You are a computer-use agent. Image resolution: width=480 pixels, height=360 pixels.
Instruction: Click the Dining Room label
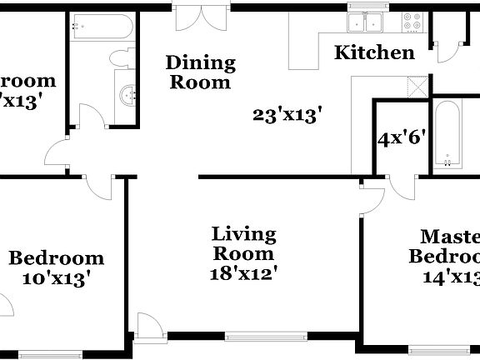pyautogui.click(x=200, y=72)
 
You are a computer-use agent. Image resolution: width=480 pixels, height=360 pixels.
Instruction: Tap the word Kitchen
pyautogui.click(x=374, y=53)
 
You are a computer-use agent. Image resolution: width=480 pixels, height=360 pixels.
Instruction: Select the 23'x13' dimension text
pyautogui.click(x=287, y=116)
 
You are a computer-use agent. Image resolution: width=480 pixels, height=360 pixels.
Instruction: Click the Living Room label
pyautogui.click(x=243, y=243)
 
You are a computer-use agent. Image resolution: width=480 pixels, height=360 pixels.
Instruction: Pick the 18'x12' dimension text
pyautogui.click(x=243, y=272)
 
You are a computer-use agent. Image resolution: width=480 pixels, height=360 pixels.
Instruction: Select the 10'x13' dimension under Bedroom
pyautogui.click(x=56, y=278)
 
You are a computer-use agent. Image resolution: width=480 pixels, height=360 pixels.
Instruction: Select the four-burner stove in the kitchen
pyautogui.click(x=412, y=22)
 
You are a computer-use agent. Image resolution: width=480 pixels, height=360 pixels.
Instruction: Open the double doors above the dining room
pyautogui.click(x=200, y=17)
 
